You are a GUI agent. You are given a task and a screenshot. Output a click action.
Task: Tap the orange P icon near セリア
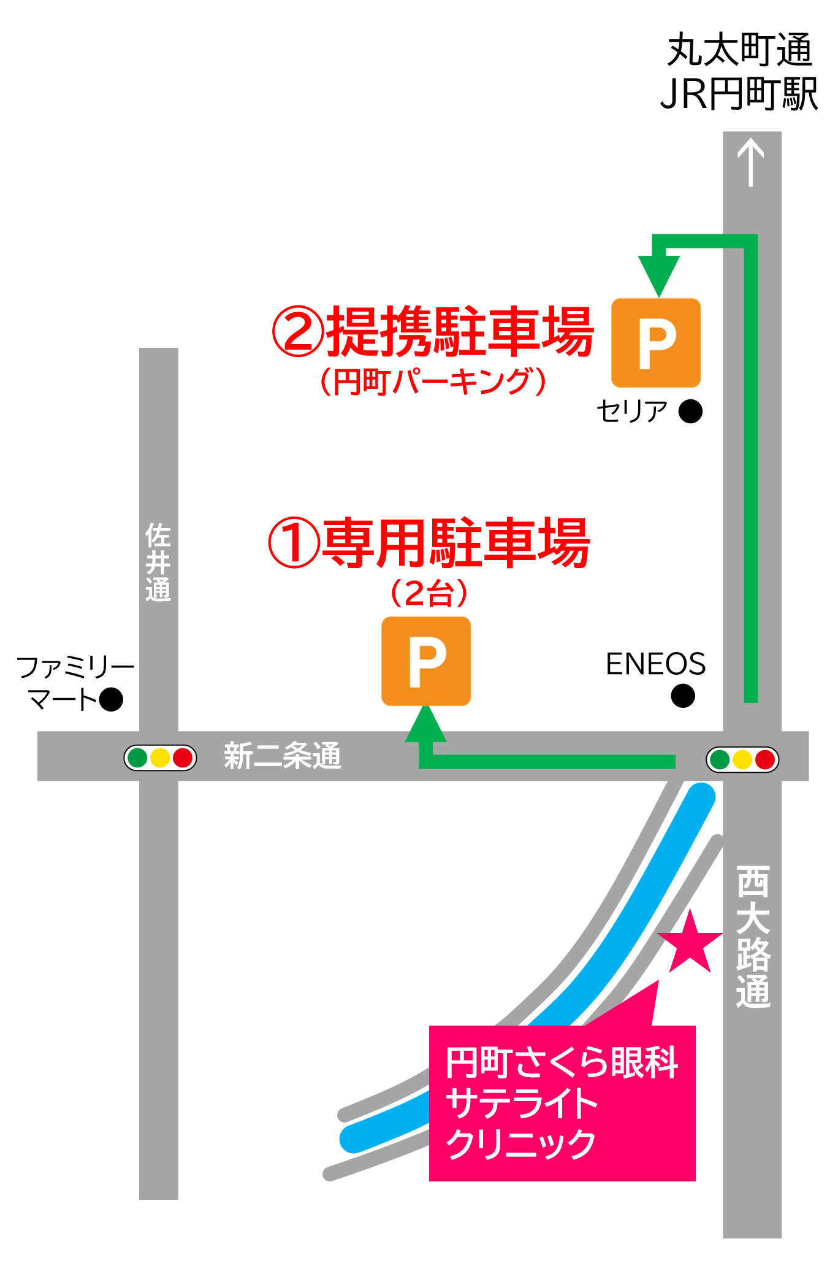coord(656,343)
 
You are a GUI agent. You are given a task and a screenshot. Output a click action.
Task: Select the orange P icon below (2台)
coord(426,661)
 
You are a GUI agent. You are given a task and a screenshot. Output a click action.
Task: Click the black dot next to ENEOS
coord(683,696)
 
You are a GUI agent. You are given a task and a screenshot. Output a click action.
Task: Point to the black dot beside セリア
coord(691,411)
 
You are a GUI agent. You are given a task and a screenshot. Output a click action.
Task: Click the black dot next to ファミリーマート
coord(111,699)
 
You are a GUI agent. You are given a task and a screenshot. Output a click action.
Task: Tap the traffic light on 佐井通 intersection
coord(160,758)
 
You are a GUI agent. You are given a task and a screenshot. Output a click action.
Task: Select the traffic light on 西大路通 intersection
coord(742,759)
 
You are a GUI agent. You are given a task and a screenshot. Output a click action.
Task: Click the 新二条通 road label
coord(282,756)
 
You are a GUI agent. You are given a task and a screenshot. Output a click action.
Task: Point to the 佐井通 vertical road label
coord(158,562)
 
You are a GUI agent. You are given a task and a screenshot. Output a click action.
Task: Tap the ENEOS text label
coord(655,664)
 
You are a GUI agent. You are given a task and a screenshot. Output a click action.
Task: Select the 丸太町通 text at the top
coord(739,50)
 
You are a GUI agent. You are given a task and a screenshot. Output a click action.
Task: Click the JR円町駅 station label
coord(739,94)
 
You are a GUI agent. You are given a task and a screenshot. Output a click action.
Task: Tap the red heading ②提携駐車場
coord(433,332)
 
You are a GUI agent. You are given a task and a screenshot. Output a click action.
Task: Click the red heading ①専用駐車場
coord(429,543)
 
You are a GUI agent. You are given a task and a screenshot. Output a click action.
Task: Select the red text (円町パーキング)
coord(433,382)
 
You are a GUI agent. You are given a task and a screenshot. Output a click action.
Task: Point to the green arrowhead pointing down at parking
coord(659,275)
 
